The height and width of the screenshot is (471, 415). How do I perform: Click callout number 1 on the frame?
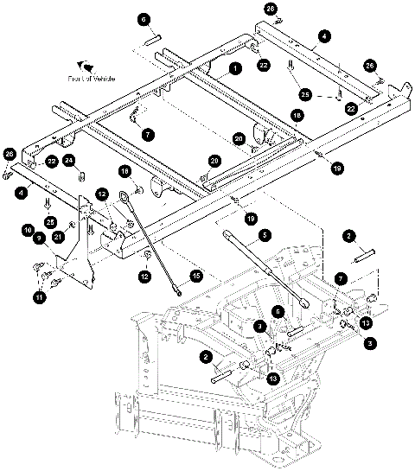[x=233, y=67]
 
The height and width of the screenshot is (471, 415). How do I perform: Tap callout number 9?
[x=28, y=240]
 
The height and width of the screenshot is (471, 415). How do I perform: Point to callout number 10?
[x=28, y=230]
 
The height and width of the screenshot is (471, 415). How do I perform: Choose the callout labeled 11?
[x=38, y=296]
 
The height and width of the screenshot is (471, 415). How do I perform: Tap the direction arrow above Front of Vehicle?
[x=85, y=65]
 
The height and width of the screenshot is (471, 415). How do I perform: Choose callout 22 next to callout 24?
[x=52, y=160]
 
